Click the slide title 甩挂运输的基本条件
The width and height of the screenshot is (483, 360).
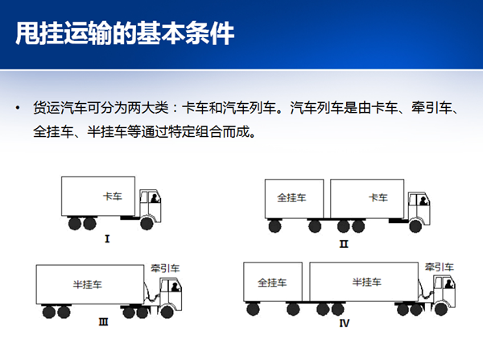125,34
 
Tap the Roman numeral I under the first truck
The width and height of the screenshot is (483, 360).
107,238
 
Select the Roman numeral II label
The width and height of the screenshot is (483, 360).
344,243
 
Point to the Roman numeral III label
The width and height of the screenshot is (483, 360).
103,322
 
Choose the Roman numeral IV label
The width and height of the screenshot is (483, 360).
345,325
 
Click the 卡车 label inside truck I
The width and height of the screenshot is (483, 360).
113,196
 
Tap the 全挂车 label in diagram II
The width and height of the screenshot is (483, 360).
290,197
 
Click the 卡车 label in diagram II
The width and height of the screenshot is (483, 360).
378,197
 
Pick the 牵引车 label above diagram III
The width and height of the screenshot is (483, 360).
165,268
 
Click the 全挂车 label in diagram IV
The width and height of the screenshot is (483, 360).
272,283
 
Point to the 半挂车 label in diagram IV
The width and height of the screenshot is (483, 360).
366,283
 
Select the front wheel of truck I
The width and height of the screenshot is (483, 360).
145,222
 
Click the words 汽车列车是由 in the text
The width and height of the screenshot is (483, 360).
328,108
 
